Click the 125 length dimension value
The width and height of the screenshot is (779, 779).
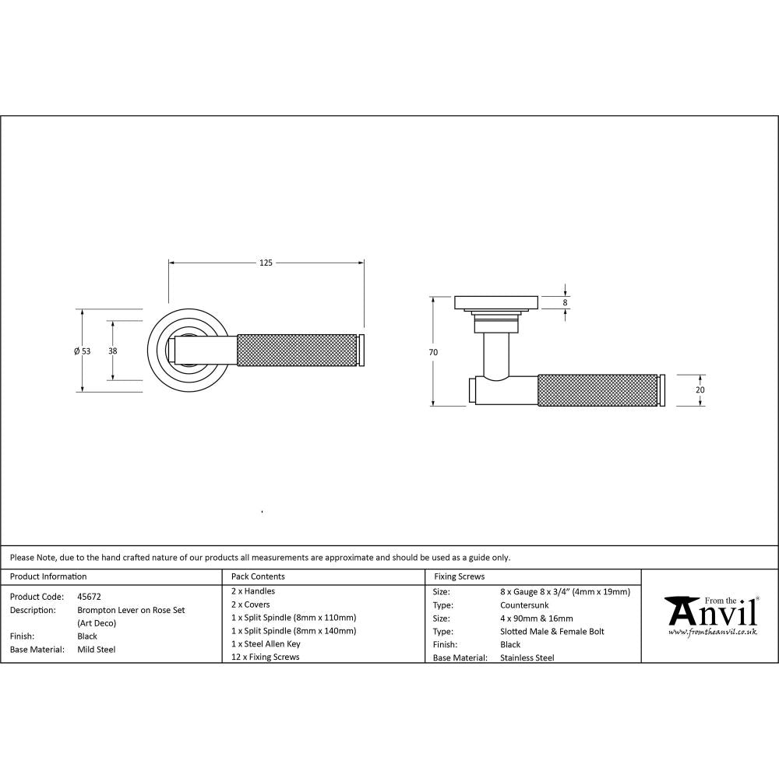click(266, 263)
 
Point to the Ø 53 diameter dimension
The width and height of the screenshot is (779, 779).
click(83, 351)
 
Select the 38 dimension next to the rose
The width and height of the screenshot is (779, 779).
click(113, 351)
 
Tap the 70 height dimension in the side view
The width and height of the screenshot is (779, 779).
click(433, 352)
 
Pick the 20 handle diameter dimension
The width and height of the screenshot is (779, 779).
click(700, 389)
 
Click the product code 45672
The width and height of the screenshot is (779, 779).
click(89, 596)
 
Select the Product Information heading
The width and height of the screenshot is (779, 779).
click(48, 576)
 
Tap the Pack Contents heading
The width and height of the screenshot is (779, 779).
click(258, 576)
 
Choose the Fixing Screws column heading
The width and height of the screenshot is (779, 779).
click(459, 576)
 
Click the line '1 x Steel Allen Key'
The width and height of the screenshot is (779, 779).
click(266, 644)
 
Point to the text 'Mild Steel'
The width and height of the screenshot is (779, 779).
click(96, 649)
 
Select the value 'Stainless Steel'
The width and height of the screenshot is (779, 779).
click(527, 657)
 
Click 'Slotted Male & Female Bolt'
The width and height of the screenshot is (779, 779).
click(552, 632)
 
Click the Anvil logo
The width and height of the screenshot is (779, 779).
click(710, 612)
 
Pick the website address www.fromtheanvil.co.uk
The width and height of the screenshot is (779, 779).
click(713, 632)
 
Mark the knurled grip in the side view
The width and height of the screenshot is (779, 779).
click(597, 390)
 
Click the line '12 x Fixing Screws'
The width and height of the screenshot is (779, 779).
click(265, 657)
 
